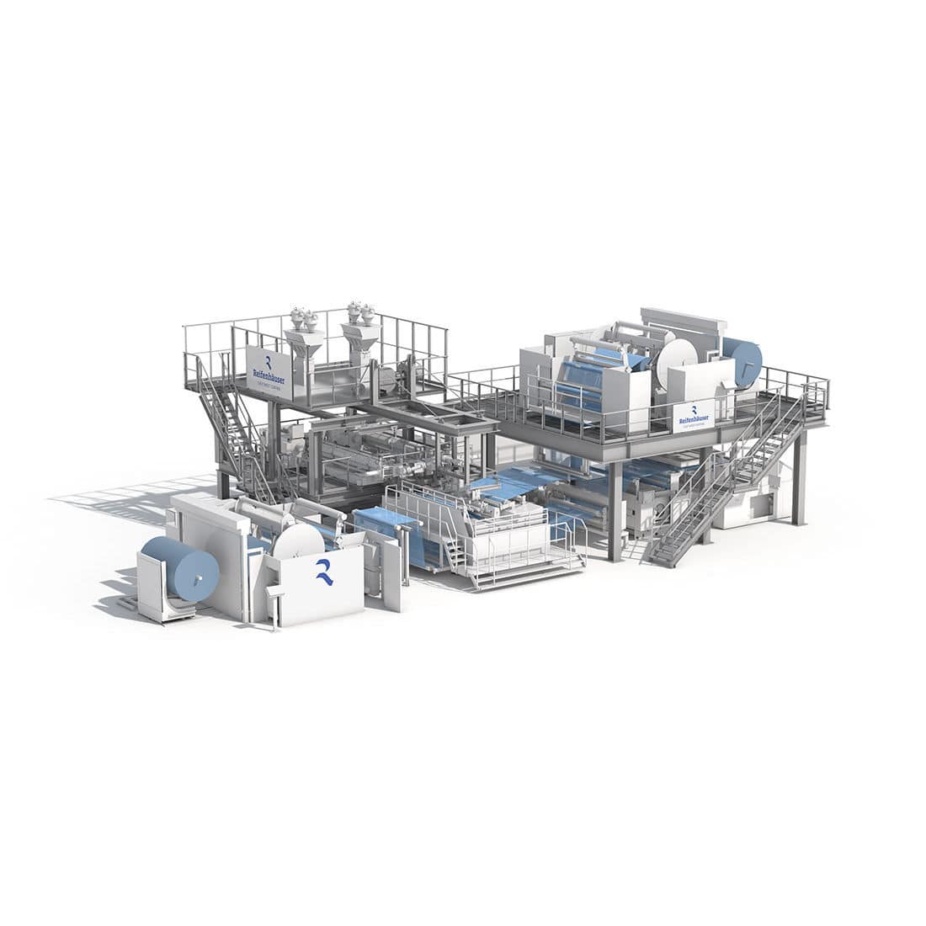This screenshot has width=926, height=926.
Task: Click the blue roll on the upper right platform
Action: [743, 360]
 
